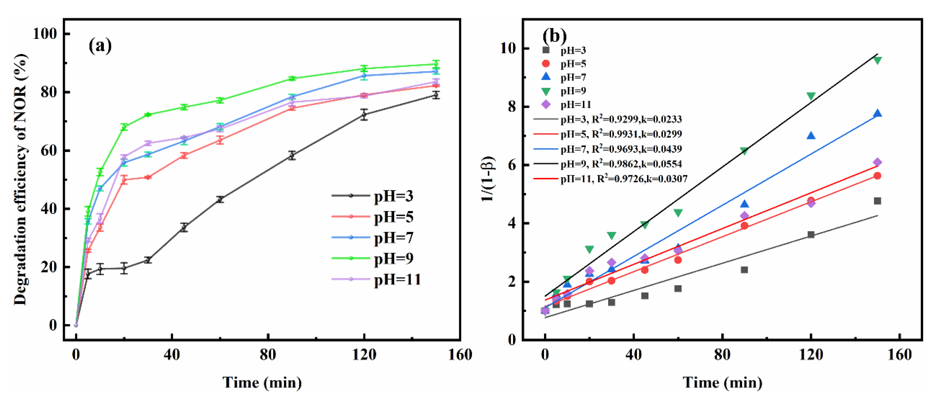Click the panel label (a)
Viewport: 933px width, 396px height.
pyautogui.click(x=100, y=46)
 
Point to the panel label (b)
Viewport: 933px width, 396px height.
pyautogui.click(x=554, y=36)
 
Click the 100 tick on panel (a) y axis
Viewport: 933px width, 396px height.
pyautogui.click(x=45, y=34)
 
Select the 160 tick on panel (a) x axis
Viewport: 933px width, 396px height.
pyautogui.click(x=460, y=355)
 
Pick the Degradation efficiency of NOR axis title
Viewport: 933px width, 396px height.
pyautogui.click(x=21, y=179)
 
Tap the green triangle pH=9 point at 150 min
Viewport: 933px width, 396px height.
pyautogui.click(x=877, y=60)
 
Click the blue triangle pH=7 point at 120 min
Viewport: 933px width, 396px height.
pyautogui.click(x=811, y=136)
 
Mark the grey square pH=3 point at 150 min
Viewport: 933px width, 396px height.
pyautogui.click(x=877, y=201)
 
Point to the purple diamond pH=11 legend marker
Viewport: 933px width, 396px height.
pyautogui.click(x=546, y=105)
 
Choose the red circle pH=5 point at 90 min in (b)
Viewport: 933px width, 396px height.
pyautogui.click(x=744, y=226)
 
